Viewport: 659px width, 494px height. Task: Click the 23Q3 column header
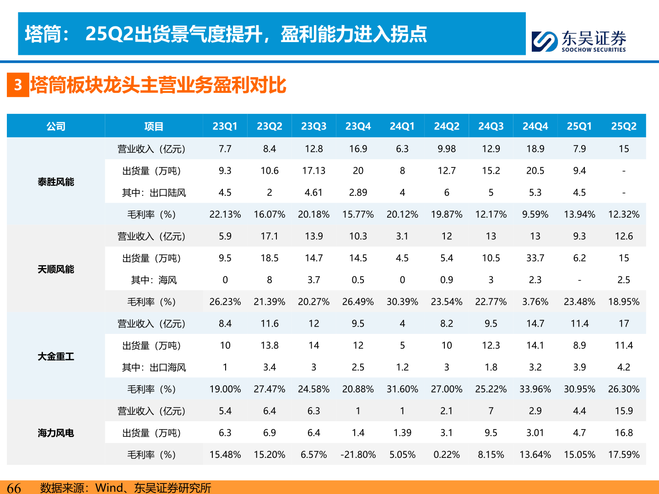pos(313,126)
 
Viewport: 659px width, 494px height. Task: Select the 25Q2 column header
pos(624,126)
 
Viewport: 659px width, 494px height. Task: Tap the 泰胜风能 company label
pos(56,182)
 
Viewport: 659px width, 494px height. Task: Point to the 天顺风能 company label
pos(56,269)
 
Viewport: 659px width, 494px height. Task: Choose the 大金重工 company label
pos(56,357)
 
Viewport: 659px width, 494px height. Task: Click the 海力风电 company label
pos(56,433)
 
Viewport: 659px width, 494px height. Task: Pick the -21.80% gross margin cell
pos(358,455)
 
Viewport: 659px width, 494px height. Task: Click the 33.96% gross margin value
pos(535,389)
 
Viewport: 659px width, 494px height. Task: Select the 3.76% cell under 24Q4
pos(535,302)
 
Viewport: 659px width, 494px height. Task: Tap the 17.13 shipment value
pos(313,171)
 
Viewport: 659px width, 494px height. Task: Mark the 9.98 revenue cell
pos(447,149)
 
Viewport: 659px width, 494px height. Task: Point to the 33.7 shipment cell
pos(535,258)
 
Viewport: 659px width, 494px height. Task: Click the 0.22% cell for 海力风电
pos(447,455)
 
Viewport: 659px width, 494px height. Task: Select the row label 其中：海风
pos(154,280)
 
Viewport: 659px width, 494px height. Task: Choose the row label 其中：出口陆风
pos(154,193)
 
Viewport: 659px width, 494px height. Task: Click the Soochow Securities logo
pos(579,41)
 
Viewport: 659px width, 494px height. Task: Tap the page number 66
pos(14,488)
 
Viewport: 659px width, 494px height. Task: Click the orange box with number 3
pos(18,85)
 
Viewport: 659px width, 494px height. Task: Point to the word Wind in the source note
pos(109,488)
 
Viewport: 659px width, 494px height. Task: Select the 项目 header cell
pos(154,126)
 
